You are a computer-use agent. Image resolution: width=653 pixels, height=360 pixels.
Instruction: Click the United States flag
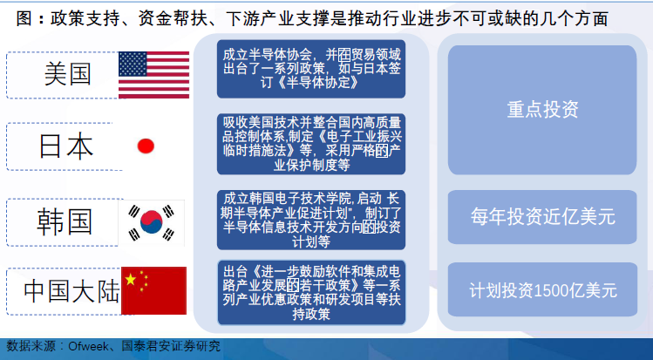pos(153,75)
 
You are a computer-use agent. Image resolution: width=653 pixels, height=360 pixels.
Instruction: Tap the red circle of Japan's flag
pos(146,146)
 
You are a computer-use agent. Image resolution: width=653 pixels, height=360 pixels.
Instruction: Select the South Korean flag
pos(152,222)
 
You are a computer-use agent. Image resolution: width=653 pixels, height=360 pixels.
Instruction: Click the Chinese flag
pos(153,290)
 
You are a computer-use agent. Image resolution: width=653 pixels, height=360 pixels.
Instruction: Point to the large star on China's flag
pos(131,279)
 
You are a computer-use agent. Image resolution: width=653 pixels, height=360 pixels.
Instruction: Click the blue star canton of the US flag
pos(133,65)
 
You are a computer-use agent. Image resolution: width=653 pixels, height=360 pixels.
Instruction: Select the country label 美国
pos(67,74)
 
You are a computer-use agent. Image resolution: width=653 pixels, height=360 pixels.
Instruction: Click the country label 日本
pos(66,146)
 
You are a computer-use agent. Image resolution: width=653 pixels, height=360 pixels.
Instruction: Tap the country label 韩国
pos(65,221)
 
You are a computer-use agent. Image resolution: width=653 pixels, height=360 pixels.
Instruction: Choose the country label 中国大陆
pos(71,291)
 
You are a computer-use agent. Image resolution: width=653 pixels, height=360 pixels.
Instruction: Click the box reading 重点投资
pos(542,110)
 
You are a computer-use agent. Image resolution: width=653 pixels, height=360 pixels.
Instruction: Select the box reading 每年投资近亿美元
pos(542,217)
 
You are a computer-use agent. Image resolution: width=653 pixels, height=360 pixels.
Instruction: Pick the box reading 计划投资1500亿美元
pos(542,289)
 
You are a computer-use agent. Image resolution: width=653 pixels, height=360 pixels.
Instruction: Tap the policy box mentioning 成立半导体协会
pos(311,69)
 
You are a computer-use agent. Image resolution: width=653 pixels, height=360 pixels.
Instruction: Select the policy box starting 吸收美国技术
pos(311,144)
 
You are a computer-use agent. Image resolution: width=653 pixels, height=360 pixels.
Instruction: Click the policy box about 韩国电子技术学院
pos(311,220)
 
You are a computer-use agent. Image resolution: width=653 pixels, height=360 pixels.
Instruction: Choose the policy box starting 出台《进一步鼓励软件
pos(311,293)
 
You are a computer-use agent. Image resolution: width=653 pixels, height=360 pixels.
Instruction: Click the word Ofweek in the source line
pos(88,346)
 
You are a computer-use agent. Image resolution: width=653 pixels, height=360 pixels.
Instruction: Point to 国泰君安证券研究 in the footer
pos(171,346)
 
